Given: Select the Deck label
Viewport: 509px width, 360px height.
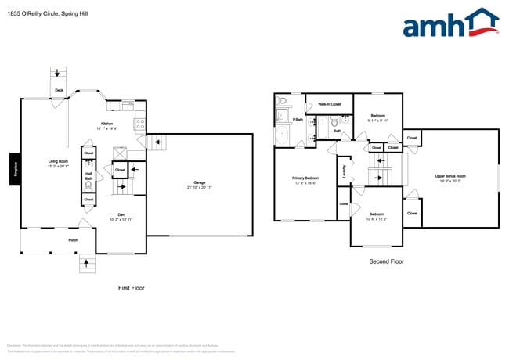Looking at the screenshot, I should tap(59, 91).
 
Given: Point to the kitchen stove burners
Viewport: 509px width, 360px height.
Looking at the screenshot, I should tap(140, 123).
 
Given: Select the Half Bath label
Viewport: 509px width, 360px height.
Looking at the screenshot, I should tap(88, 178).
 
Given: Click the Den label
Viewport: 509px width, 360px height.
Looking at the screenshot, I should tap(121, 216).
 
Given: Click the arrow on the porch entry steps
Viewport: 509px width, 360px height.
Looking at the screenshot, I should tap(85, 267).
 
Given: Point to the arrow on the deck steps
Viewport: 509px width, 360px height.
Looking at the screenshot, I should tap(58, 74).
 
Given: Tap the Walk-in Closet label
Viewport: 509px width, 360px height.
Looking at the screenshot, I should tap(329, 104).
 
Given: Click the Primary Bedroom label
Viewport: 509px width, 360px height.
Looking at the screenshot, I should tap(305, 179).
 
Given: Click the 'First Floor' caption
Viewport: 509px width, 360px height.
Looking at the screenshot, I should tap(131, 288).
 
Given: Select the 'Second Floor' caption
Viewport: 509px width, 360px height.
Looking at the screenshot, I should tap(386, 261).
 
